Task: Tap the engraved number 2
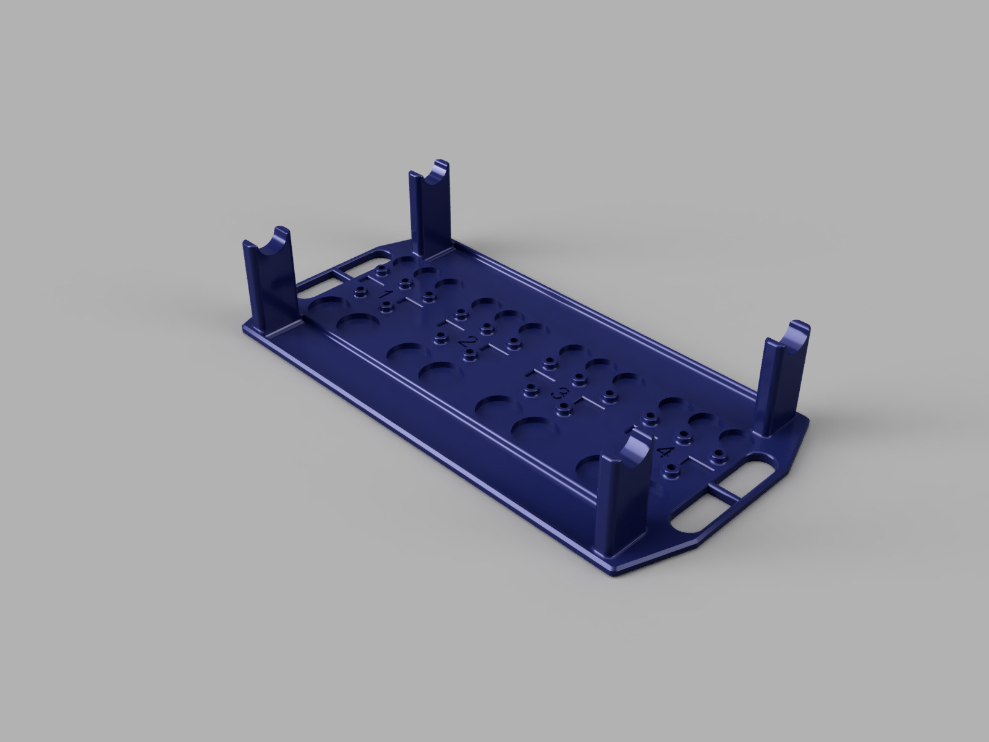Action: click(x=473, y=342)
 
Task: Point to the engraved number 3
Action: click(x=562, y=393)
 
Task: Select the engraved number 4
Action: click(x=666, y=451)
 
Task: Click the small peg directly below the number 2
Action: click(x=471, y=355)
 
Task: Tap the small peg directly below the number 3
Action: click(x=564, y=407)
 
